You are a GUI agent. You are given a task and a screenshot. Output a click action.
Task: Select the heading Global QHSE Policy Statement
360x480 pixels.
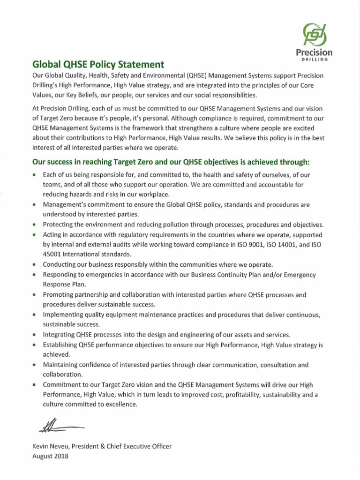pyautogui.click(x=98, y=64)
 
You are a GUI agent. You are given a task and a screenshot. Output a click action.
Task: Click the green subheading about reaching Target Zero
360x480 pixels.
pyautogui.click(x=171, y=162)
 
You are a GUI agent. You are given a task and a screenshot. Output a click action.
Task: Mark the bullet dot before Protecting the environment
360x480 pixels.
pyautogui.click(x=35, y=225)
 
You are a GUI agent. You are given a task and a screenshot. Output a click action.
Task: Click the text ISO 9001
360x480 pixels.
pyautogui.click(x=247, y=244)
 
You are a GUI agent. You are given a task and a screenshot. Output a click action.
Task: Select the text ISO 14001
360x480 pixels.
pyautogui.click(x=283, y=244)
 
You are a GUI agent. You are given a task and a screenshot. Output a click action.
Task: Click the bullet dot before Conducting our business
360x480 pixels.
pyautogui.click(x=35, y=265)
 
